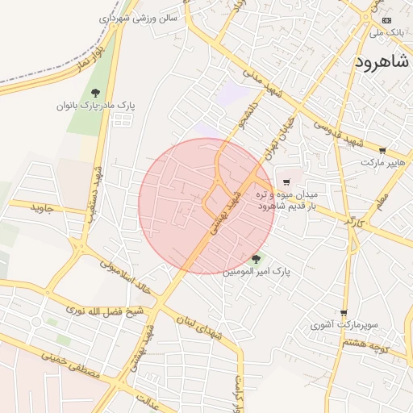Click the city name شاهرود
point(383,61)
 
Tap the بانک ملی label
point(385,33)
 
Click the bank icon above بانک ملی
point(386,20)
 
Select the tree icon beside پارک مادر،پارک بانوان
point(96,93)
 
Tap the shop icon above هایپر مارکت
point(382,151)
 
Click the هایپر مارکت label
point(381,163)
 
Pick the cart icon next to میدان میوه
point(286,183)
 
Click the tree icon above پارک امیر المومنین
point(256,259)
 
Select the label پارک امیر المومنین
point(257,272)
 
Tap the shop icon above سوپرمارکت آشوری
point(344,313)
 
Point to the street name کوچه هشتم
point(366,345)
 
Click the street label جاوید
point(41,209)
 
